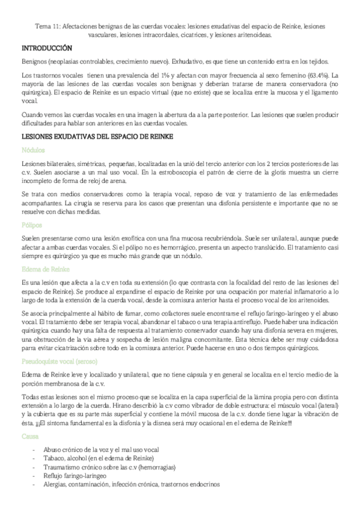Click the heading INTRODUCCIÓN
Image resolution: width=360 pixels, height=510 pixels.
click(x=47, y=48)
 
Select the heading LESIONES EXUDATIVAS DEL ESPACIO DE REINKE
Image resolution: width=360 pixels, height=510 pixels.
click(x=97, y=137)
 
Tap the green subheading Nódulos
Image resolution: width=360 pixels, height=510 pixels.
click(x=32, y=150)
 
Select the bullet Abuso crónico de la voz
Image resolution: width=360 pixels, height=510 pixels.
click(x=91, y=450)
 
